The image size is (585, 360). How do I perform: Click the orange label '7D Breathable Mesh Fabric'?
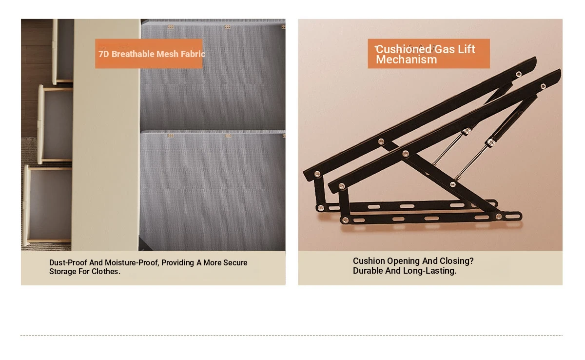pyautogui.click(x=149, y=54)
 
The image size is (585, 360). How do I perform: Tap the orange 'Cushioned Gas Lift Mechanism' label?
pyautogui.click(x=429, y=54)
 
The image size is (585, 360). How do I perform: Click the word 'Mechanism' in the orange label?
pyautogui.click(x=407, y=60)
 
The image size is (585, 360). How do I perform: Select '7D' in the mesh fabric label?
pyautogui.click(x=103, y=54)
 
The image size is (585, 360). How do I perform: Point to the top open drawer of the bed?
pyautogui.click(x=63, y=51)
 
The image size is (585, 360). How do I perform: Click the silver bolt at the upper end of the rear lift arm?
pyautogui.click(x=519, y=75)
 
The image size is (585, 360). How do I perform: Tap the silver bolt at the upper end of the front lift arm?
pyautogui.click(x=543, y=86)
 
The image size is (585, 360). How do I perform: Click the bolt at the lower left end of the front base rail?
pyautogui.click(x=345, y=220)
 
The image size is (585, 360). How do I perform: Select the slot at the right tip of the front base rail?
pyautogui.click(x=513, y=216)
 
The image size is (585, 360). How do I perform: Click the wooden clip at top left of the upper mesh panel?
pyautogui.click(x=171, y=27)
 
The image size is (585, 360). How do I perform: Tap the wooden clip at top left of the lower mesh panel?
pyautogui.click(x=170, y=136)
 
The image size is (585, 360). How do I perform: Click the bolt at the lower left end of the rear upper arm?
pyautogui.click(x=317, y=174)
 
